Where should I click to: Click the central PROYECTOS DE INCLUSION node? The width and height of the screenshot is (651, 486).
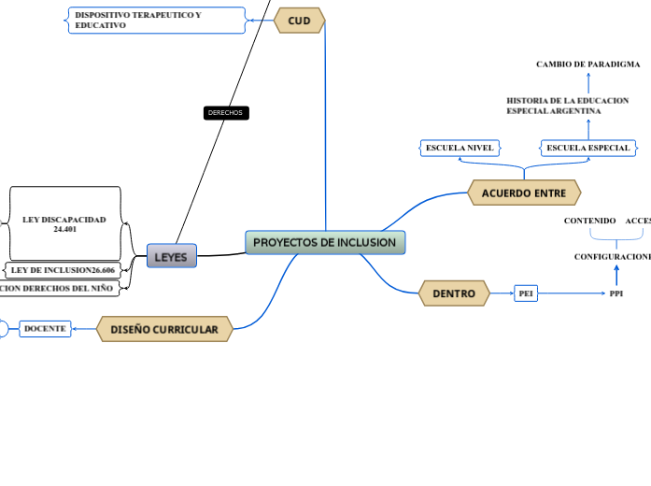(325, 243)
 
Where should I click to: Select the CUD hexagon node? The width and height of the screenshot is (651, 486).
(300, 21)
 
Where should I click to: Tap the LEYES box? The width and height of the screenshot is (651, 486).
(171, 256)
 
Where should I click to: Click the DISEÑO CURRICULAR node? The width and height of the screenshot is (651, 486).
(164, 329)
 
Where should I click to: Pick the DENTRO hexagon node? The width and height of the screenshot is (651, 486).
(454, 293)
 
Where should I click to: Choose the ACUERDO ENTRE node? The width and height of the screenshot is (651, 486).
(524, 193)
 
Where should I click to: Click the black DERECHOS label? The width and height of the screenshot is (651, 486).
(225, 113)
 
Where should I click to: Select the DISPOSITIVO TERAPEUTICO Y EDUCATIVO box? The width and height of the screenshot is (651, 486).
(156, 21)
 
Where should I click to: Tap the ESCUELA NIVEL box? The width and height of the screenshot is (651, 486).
(460, 148)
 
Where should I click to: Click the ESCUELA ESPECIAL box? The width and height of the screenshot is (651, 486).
(588, 148)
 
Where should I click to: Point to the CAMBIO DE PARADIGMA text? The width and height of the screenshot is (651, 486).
(588, 64)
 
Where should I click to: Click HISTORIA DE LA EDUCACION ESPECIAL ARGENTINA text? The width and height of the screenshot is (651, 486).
(567, 106)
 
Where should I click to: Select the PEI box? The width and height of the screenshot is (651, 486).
(526, 293)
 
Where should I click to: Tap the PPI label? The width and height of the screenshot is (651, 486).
(616, 293)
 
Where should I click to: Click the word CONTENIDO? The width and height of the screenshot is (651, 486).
(590, 221)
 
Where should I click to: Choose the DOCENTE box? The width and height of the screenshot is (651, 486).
(45, 329)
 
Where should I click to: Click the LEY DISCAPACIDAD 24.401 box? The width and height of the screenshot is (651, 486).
(64, 223)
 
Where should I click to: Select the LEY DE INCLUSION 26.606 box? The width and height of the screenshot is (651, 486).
(63, 270)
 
